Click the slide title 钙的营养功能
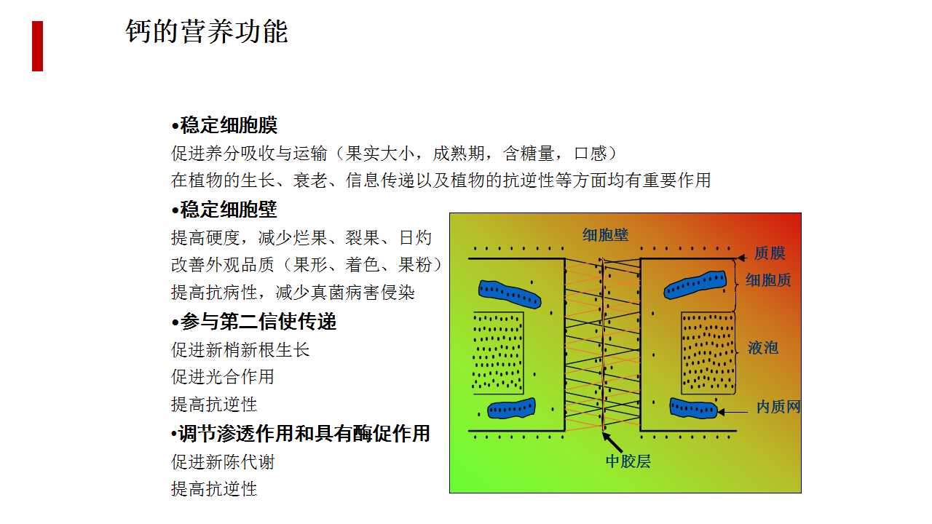pyautogui.click(x=207, y=31)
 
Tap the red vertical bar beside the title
pyautogui.click(x=37, y=46)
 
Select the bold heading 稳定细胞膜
pyautogui.click(x=225, y=125)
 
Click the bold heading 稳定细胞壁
pyautogui.click(x=225, y=209)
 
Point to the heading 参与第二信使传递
pyautogui.click(x=254, y=322)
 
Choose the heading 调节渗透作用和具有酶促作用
pyautogui.click(x=301, y=433)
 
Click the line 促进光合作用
pyautogui.click(x=223, y=377)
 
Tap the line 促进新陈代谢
pyautogui.click(x=223, y=461)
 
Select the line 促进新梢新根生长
pyautogui.click(x=240, y=349)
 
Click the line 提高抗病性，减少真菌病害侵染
pyautogui.click(x=293, y=292)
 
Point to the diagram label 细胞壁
pyautogui.click(x=605, y=235)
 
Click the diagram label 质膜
pyautogui.click(x=770, y=253)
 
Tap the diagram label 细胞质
pyautogui.click(x=768, y=280)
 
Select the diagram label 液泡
pyautogui.click(x=762, y=348)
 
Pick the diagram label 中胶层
pyautogui.click(x=628, y=461)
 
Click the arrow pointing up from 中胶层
pyautogui.click(x=612, y=442)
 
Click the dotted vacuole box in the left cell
pyautogui.click(x=497, y=353)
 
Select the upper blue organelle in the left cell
pyautogui.click(x=510, y=294)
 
